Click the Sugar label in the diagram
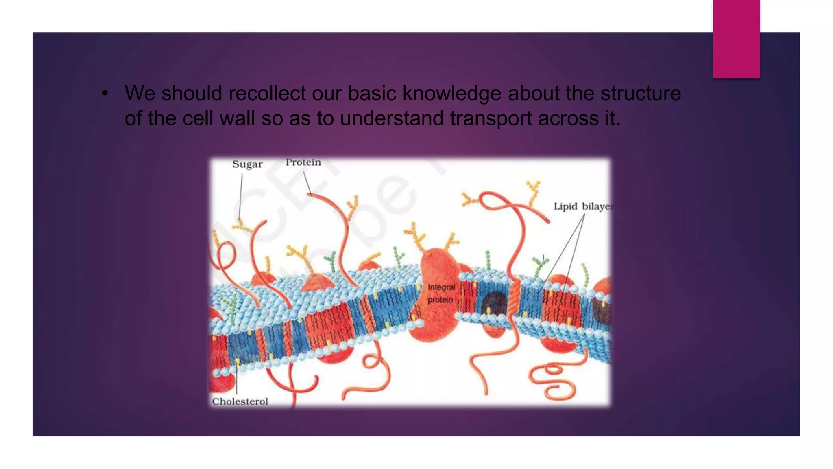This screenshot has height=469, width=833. (x=247, y=164)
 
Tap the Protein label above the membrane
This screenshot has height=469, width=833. (x=303, y=162)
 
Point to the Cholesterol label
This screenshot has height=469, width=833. (x=240, y=401)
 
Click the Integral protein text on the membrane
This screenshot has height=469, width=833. (x=441, y=294)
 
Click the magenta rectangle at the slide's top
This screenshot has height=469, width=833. (x=736, y=39)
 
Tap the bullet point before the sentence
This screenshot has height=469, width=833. (x=105, y=94)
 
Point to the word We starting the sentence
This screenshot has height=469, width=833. (x=140, y=93)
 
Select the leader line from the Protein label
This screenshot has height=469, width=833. (x=307, y=183)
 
